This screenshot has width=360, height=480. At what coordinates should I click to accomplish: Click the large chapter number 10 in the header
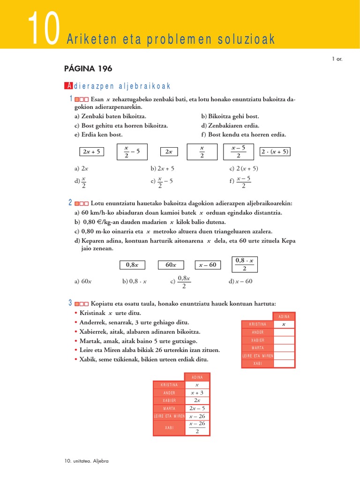(x=43, y=29)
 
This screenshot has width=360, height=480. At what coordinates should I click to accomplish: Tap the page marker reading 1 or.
(x=337, y=59)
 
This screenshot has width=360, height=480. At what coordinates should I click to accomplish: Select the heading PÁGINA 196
(x=88, y=69)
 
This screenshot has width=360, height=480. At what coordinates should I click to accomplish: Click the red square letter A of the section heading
(x=68, y=86)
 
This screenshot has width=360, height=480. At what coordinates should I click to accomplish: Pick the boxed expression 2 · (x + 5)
(x=275, y=151)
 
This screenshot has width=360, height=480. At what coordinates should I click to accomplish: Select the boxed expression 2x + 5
(x=92, y=151)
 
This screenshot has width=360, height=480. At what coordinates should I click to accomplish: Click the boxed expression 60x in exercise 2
(x=171, y=265)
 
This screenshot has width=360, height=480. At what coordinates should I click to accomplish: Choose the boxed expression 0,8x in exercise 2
(x=132, y=265)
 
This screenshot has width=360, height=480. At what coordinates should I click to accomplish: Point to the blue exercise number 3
(x=70, y=303)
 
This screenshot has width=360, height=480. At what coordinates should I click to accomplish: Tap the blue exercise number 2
(x=70, y=202)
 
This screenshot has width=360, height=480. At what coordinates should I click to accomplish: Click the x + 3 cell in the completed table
(x=197, y=392)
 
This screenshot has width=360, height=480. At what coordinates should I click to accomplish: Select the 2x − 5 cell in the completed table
(x=197, y=408)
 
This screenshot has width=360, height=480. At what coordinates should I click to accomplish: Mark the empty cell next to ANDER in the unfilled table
(x=284, y=332)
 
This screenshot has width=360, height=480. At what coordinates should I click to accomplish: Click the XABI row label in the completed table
(x=169, y=427)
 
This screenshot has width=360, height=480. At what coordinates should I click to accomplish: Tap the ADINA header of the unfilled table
(x=284, y=317)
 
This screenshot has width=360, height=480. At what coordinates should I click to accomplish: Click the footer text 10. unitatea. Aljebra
(x=87, y=461)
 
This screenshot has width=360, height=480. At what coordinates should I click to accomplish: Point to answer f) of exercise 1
(x=240, y=181)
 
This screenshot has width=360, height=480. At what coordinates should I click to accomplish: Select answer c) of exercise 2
(x=180, y=281)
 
